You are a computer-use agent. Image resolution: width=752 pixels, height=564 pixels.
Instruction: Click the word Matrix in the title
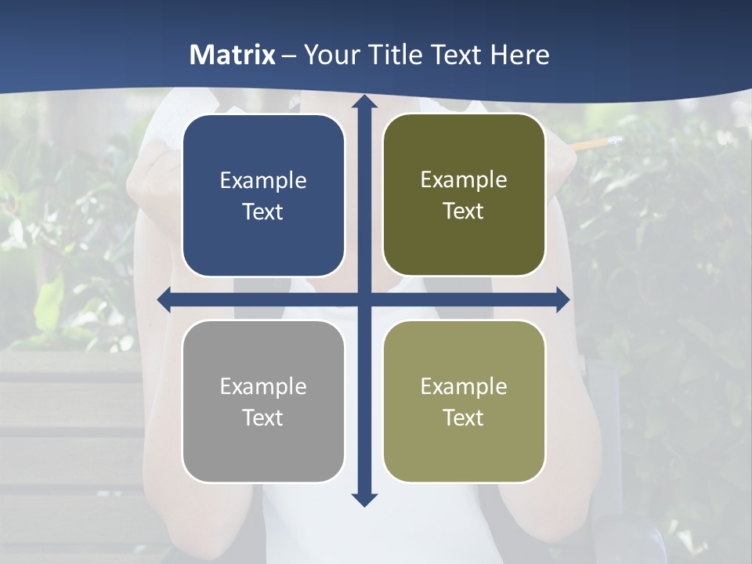coord(233,55)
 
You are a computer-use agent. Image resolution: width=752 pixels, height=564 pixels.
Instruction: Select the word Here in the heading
coord(520,55)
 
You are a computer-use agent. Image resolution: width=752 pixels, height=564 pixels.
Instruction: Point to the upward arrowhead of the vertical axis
coord(363,102)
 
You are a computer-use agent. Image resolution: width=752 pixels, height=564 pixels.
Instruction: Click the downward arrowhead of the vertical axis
coord(363,499)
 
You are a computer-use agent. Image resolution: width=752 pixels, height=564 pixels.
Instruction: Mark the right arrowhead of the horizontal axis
coord(562,299)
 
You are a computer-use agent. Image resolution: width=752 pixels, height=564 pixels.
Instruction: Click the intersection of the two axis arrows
coord(363,299)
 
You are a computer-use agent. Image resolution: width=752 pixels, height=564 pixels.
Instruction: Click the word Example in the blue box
coord(263,181)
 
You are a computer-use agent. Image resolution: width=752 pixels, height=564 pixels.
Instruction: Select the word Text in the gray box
coord(263,418)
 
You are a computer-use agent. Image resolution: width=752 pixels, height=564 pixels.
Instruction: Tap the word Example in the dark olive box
coord(464,180)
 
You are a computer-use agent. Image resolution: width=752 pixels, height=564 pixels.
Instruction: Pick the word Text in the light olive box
coord(464,418)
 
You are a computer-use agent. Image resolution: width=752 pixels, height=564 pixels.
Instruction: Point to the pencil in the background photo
coord(595,143)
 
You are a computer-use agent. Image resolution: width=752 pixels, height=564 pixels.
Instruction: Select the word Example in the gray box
coord(263,386)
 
